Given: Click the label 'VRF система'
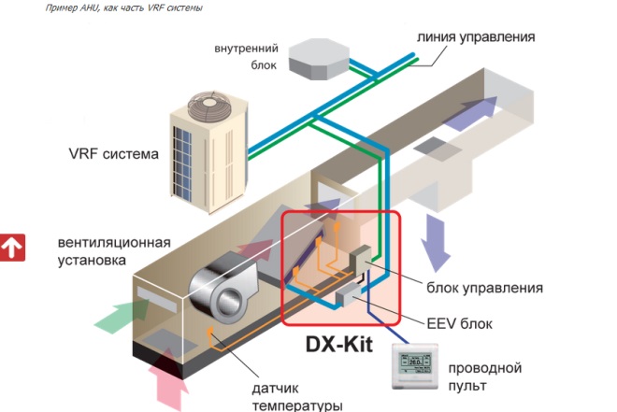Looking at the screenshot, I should coord(113,154).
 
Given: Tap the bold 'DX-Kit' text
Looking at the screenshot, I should coord(338,345).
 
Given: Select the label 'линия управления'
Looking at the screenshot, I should coord(476,37).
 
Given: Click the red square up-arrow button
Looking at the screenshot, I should coord(12,247).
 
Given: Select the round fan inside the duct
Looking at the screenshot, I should coord(220,292).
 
